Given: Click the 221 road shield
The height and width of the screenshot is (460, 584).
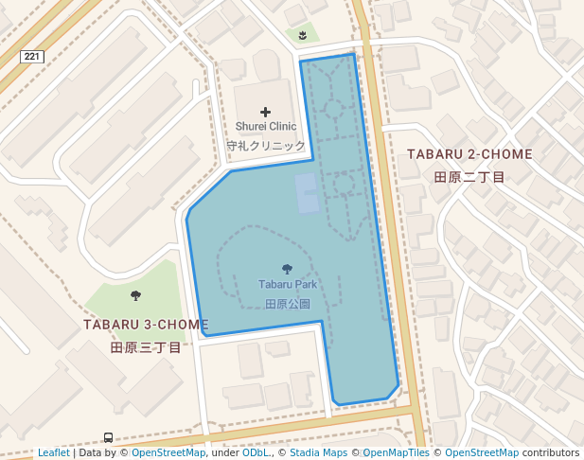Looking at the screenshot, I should click(x=32, y=57).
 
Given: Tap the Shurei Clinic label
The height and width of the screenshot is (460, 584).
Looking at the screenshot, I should click(x=266, y=126).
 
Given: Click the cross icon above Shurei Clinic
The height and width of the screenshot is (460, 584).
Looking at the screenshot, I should click(x=265, y=112).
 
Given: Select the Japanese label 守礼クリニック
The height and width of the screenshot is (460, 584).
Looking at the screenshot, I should click(x=266, y=147).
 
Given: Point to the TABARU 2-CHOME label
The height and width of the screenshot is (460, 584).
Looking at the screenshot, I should click(x=469, y=153).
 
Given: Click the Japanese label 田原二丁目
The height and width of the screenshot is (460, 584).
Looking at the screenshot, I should click(x=469, y=177).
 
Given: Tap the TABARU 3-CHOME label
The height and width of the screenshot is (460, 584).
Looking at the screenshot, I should click(x=146, y=325).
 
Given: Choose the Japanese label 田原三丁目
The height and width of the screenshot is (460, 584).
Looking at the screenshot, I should click(x=146, y=347).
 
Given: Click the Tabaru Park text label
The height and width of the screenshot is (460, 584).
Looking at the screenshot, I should click(x=288, y=284).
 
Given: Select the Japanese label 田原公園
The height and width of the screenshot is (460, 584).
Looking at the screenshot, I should click(x=288, y=304).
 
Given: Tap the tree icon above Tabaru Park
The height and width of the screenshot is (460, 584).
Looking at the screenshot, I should click(x=288, y=269).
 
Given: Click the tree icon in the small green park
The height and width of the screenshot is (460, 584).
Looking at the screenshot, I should click(x=135, y=295).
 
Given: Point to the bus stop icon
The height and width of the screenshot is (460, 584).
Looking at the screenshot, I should click(x=109, y=438).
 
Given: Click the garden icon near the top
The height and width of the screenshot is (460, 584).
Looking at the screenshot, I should click(x=302, y=35).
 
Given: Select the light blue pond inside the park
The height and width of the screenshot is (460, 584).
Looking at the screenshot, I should click(x=308, y=193).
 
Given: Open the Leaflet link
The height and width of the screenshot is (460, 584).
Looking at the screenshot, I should click(x=53, y=453).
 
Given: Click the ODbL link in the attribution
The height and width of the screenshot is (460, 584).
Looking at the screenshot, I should click(x=256, y=453).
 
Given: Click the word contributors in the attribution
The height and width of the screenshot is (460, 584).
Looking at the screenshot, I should click(x=550, y=453).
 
